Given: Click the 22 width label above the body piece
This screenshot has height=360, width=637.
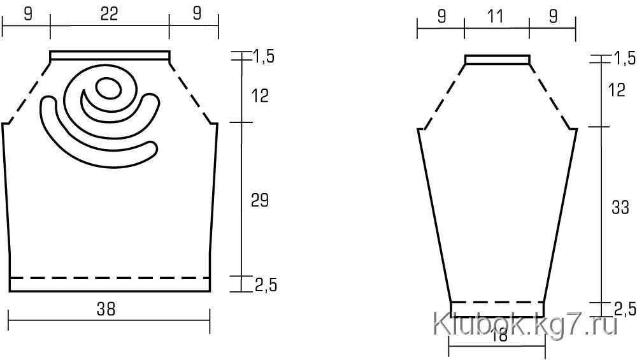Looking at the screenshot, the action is point(110,14).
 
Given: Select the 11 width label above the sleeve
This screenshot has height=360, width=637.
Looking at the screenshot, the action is point(495,17).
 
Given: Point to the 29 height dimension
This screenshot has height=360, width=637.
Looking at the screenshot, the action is point(260,200).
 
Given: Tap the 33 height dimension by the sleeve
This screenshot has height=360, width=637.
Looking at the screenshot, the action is point(620,208).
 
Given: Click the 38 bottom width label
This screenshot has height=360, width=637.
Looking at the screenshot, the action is point(106,310).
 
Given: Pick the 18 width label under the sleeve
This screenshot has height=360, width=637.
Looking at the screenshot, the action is point(499,336).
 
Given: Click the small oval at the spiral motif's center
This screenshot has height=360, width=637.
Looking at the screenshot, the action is point(108,88).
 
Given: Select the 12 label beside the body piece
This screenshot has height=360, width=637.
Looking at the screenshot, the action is point(260,96).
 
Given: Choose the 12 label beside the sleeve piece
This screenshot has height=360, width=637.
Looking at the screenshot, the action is point(617,90).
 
